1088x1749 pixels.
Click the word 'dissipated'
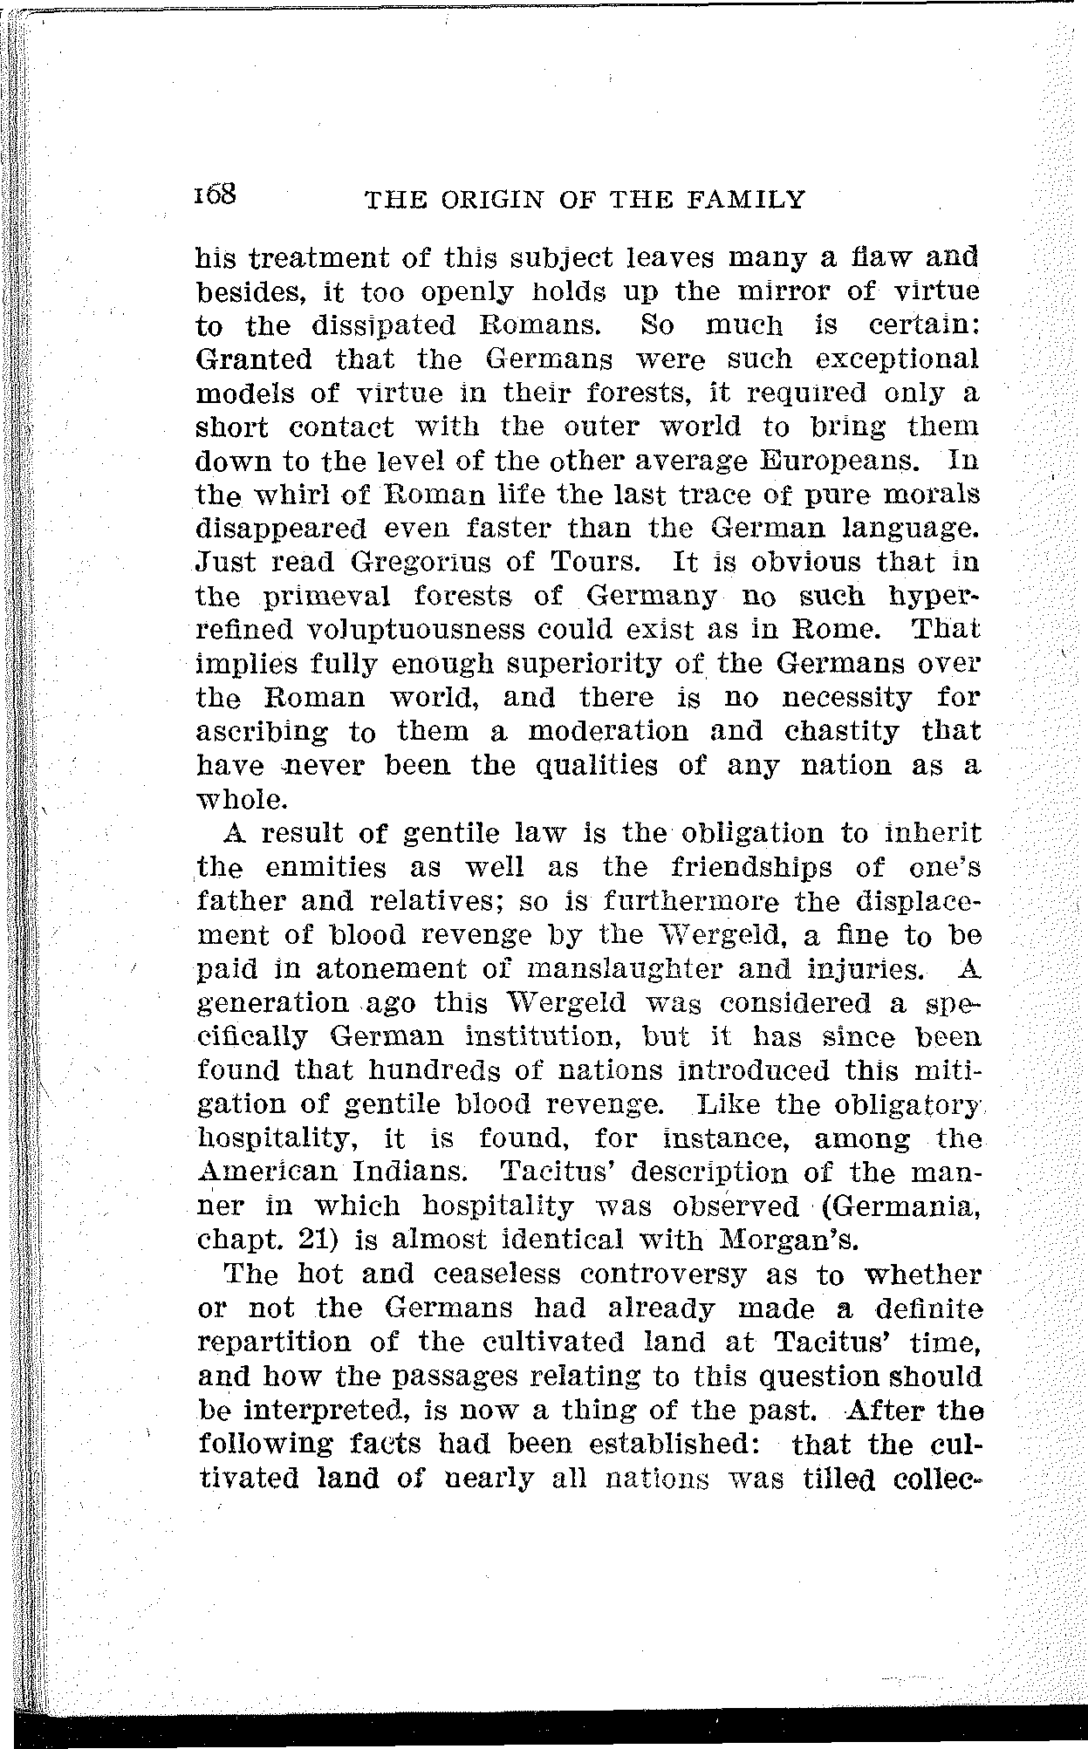[x=384, y=325]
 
